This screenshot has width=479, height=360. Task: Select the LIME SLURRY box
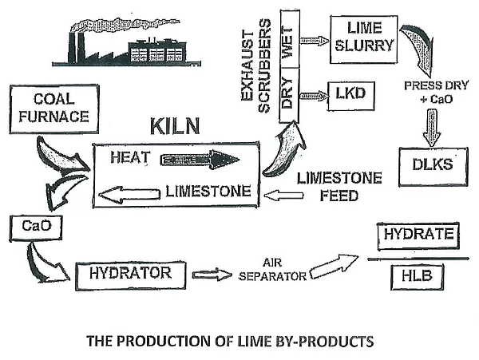coord(362,36)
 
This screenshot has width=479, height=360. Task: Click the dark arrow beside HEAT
coord(200,160)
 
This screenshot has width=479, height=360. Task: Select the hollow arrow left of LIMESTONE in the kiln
coord(129,193)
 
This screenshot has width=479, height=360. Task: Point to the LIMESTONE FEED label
coord(327,185)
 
